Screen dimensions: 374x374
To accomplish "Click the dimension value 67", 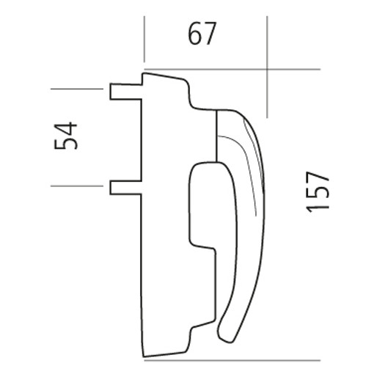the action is click(x=202, y=34).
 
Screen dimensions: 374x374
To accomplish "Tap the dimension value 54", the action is click(x=65, y=136).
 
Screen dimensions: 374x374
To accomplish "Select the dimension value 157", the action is click(x=318, y=192).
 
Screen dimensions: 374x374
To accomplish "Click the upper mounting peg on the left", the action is click(x=126, y=92).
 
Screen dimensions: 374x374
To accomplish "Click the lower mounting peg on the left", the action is click(x=125, y=188).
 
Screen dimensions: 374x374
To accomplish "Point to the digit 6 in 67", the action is click(x=195, y=34).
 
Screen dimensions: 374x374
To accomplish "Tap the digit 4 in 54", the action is click(x=65, y=128).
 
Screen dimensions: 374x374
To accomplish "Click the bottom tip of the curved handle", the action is click(x=226, y=341).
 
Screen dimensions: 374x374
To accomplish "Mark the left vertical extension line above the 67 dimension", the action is click(x=144, y=39).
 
